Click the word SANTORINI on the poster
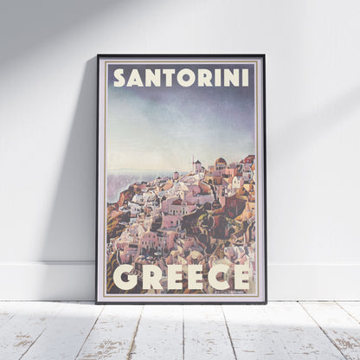tap(182, 78)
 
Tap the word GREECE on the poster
tap(182, 278)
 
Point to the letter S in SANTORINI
tap(119, 78)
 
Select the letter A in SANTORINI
tap(135, 78)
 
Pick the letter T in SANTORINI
tap(167, 78)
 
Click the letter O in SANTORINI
tap(183, 78)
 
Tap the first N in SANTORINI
tap(151, 78)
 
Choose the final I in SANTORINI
tap(245, 78)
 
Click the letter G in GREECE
tap(125, 278)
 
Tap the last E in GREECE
tap(241, 278)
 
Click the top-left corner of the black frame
tap(98, 56)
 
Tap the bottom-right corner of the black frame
tap(266, 302)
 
